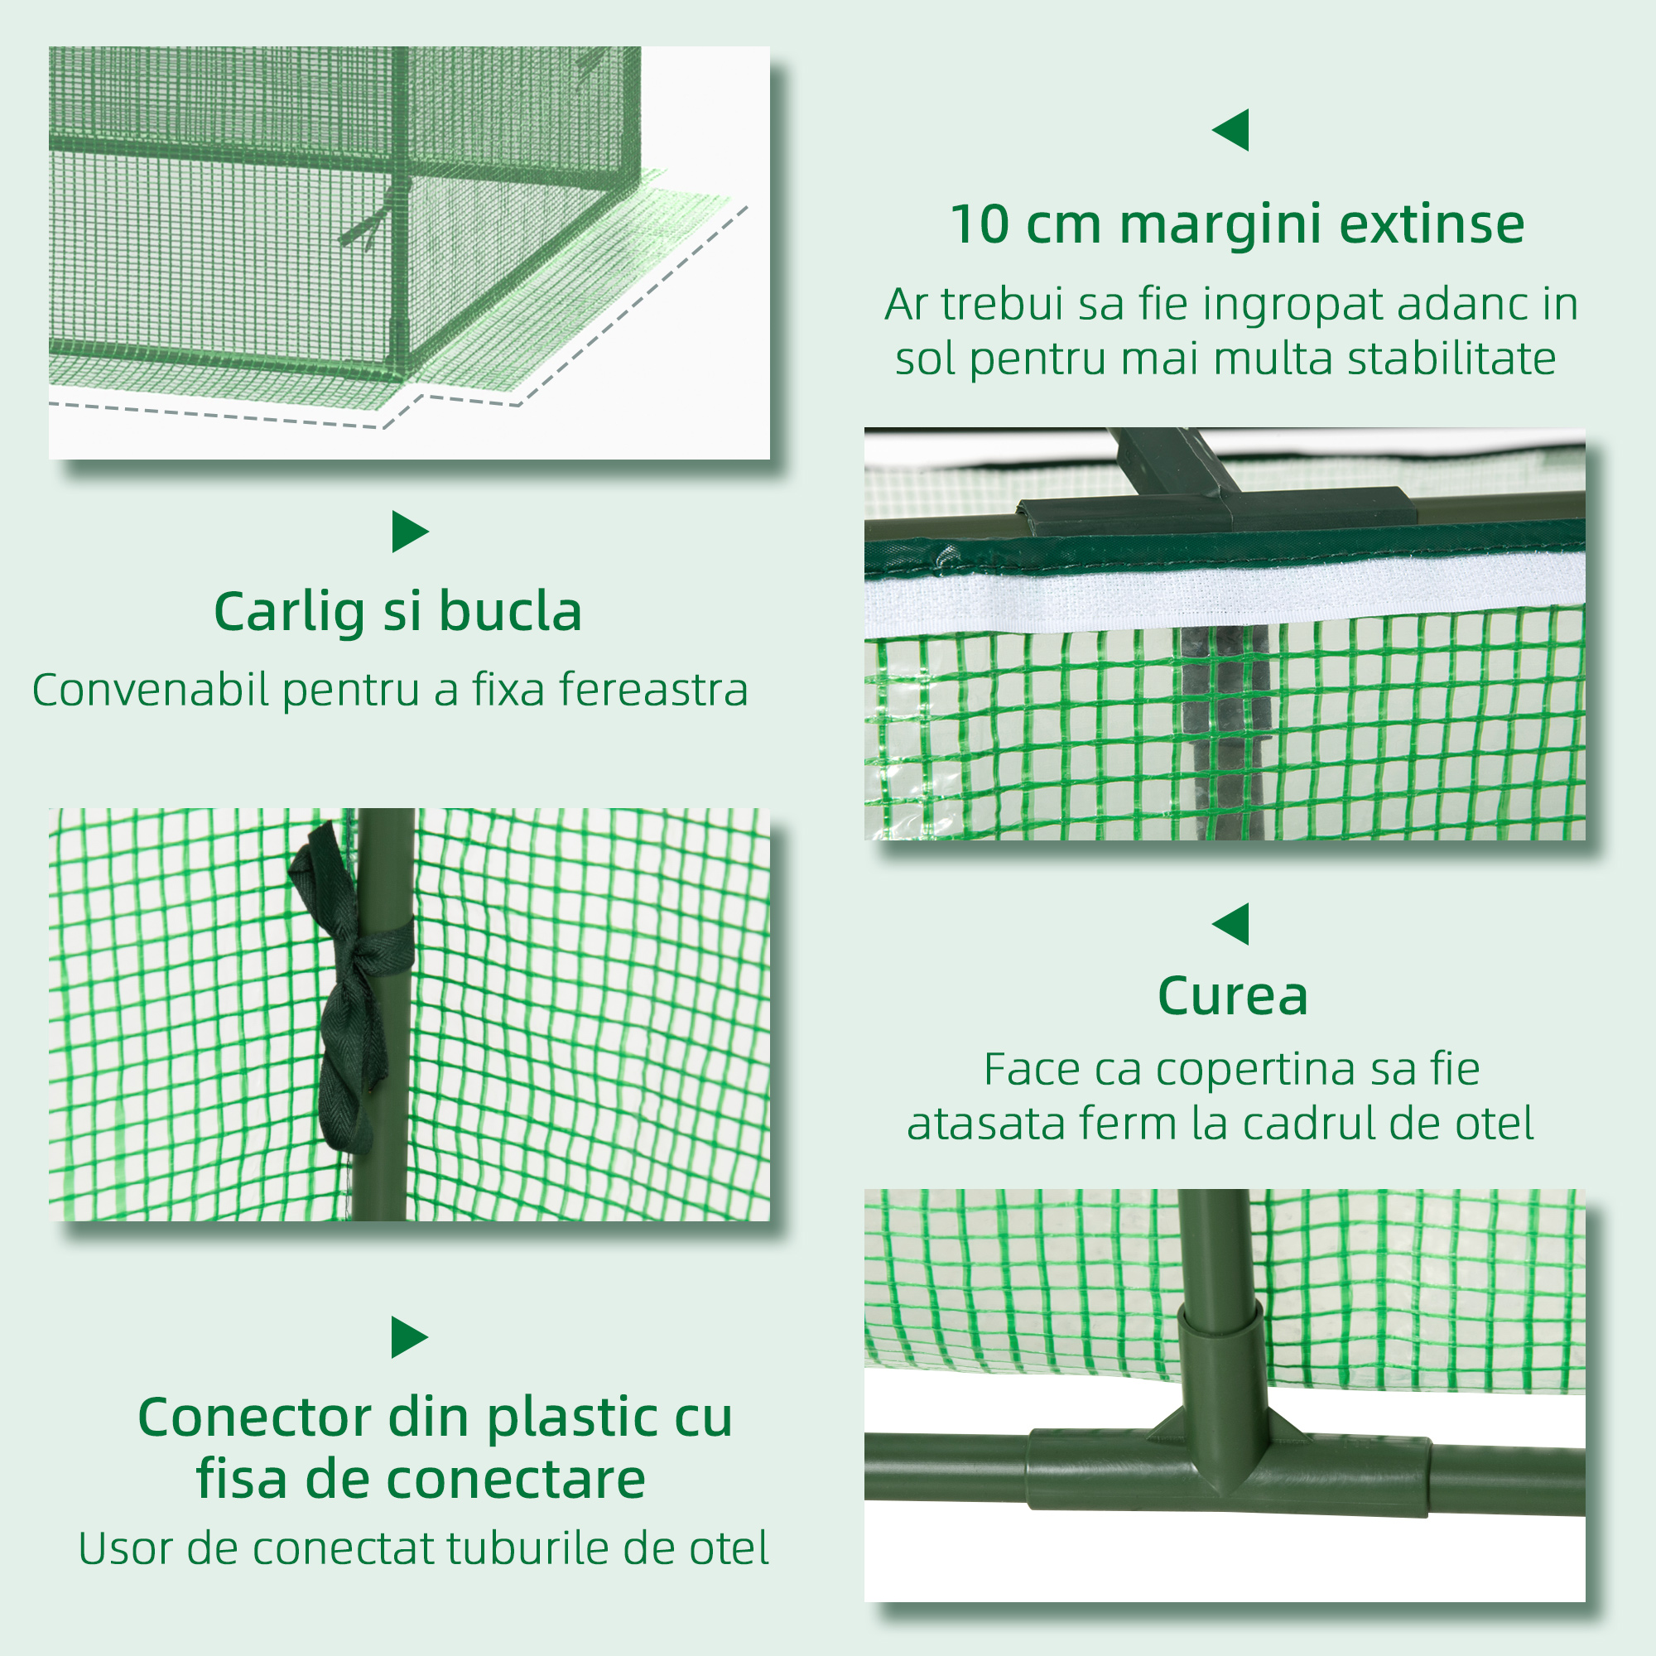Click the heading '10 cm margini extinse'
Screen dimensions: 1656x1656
point(1237,224)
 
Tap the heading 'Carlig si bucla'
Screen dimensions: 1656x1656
point(397,612)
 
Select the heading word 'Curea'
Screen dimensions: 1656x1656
point(1233,996)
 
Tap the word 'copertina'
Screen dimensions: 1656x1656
point(1258,1069)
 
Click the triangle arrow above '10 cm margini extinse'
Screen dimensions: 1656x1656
point(1232,130)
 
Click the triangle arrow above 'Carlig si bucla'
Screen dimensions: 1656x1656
point(409,532)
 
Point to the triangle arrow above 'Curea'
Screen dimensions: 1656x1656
point(1232,924)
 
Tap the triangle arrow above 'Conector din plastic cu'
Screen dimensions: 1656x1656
point(408,1337)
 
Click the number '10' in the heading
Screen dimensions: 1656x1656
point(980,224)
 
